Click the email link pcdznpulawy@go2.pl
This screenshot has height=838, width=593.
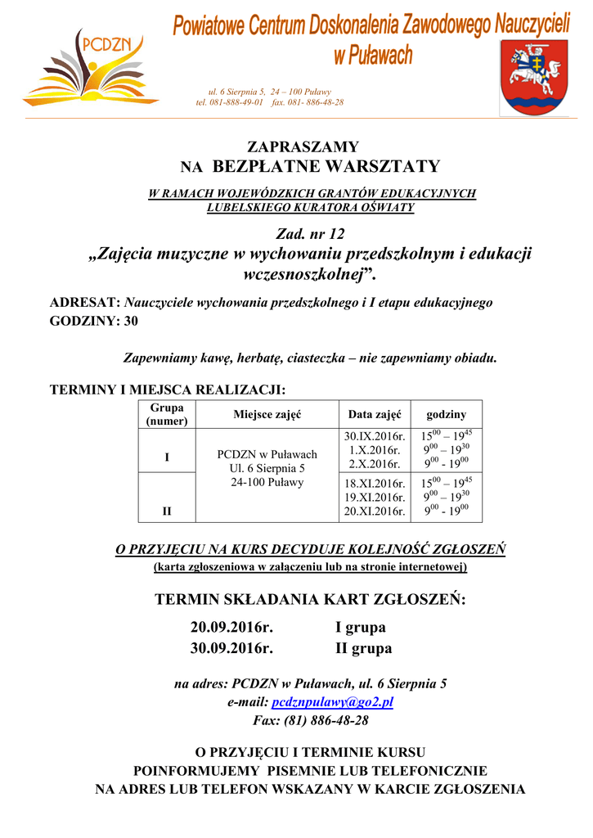(x=333, y=702)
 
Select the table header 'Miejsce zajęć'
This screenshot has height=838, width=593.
(x=267, y=415)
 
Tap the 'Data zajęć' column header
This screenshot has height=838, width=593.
(x=375, y=415)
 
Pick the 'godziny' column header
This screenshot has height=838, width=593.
(x=447, y=415)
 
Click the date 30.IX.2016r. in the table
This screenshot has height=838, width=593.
(x=375, y=436)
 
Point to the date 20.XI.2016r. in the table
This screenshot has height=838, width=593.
(x=375, y=511)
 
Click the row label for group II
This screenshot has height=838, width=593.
(x=167, y=511)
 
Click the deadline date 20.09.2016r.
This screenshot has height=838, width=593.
(x=231, y=628)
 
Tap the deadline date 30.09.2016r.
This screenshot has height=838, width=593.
(x=231, y=648)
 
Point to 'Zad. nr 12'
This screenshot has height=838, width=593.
(x=311, y=235)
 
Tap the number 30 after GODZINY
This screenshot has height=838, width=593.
(x=131, y=321)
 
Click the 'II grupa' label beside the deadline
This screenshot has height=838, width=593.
(x=364, y=648)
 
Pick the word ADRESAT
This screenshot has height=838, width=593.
(x=85, y=302)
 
